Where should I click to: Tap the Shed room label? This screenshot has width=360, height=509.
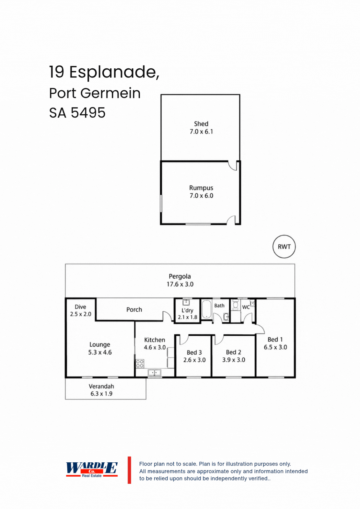coord(201,124)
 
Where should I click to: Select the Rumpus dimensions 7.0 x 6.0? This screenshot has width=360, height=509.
coord(201,196)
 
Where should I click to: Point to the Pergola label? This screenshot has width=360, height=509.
coord(180,277)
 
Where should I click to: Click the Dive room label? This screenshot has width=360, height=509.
coord(80,307)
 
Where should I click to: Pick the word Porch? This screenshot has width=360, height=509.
coord(134,309)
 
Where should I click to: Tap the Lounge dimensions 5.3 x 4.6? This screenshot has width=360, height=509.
coord(100,353)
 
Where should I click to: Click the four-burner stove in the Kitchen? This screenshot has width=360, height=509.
coord(140,364)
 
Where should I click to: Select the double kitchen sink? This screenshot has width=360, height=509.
coord(155,373)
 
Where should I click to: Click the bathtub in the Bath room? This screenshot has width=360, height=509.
coord(207,309)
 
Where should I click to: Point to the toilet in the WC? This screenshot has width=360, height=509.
coord(236,305)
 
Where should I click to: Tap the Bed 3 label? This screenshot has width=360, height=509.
coord(194,353)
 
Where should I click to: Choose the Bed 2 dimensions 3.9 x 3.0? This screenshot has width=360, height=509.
coord(234,360)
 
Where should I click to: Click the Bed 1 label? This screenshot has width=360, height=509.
coord(275,340)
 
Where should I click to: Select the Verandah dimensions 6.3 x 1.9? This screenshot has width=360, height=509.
coord(101,394)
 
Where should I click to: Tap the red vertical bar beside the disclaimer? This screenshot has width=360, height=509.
coord(129,470)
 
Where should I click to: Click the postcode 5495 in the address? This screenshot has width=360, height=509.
coord(88,113)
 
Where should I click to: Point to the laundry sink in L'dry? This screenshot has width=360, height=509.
coord(186,303)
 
